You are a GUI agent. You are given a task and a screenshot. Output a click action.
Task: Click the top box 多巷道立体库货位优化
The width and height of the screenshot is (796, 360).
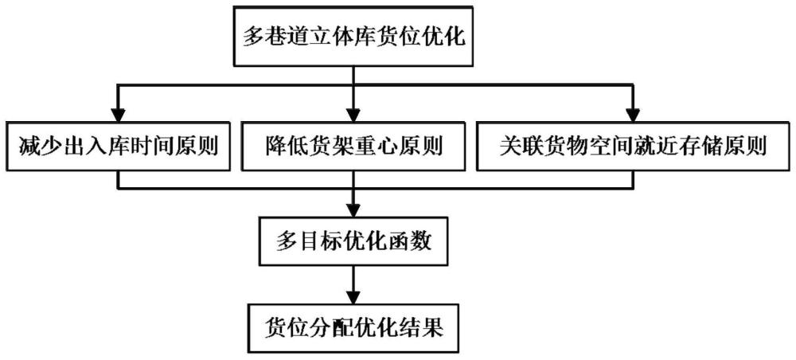tap(353, 37)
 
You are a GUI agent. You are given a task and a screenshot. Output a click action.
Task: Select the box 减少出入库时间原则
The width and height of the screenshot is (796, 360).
tap(119, 147)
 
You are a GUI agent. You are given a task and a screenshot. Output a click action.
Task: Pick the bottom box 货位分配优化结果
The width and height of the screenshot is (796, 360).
tap(353, 327)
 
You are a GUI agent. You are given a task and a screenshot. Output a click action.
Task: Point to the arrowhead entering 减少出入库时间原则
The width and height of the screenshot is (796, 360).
tap(119, 113)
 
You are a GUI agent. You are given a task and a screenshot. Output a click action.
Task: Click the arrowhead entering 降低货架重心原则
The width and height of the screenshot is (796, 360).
tap(353, 113)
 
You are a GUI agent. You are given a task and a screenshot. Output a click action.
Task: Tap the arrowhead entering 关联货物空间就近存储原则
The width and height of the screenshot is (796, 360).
tap(633, 113)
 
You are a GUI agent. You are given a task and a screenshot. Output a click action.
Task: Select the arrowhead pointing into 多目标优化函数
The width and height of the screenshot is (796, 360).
tap(353, 209)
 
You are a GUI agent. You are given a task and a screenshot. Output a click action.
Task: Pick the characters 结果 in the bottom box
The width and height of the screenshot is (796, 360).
tap(423, 327)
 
